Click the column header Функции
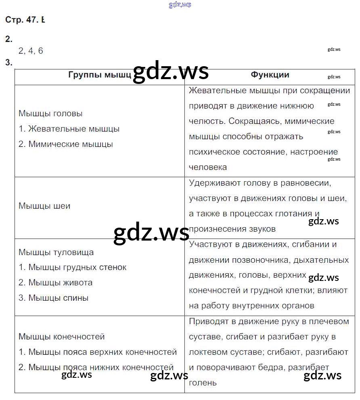coord(270,75)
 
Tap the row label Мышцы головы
coord(50,113)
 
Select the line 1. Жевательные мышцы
coord(69,129)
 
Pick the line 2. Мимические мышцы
coord(66,144)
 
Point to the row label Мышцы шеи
coord(44,206)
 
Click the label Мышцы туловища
coord(56,252)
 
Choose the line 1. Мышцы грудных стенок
coord(73,267)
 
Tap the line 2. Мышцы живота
coord(56,283)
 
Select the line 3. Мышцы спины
coord(54,298)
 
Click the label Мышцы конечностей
coord(62,337)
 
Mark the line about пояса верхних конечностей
coord(98,352)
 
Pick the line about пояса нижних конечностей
coord(96,367)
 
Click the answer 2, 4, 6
coord(31,51)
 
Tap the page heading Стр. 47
coord(22,20)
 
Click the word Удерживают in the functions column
coord(214,183)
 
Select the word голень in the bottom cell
coord(203,383)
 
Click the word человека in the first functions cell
coord(208,167)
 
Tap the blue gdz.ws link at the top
coord(180,5)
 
